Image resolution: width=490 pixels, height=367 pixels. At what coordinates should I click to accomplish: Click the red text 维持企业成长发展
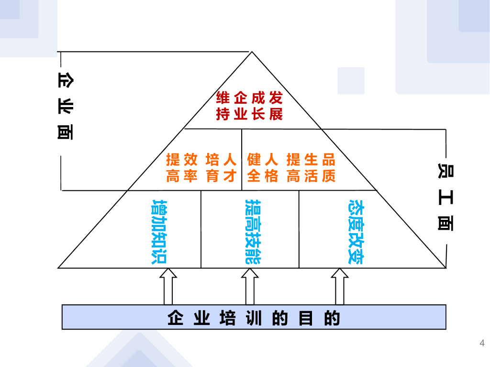249,107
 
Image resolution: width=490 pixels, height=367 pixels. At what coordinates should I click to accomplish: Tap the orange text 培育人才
221,168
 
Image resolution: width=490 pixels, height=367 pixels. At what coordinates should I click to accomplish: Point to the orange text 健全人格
263,168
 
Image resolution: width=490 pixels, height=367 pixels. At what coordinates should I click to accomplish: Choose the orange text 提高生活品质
312,168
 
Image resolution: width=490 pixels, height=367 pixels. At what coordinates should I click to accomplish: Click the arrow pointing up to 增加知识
168,286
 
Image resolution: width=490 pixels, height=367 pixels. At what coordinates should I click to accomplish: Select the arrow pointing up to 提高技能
249,286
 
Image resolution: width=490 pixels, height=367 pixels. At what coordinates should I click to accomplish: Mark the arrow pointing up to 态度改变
340,286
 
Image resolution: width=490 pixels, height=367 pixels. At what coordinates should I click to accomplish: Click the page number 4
482,343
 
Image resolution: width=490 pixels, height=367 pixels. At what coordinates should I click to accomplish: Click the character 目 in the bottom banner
305,318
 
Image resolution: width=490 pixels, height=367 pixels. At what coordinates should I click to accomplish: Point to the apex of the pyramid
252,52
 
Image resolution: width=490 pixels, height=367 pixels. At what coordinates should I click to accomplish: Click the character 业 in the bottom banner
201,318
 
